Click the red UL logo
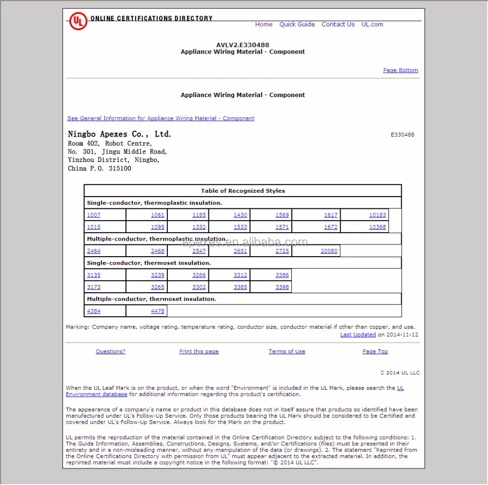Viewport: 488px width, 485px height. point(78,21)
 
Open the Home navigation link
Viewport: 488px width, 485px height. point(264,24)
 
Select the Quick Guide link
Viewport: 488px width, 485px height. point(297,24)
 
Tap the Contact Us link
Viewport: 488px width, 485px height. point(338,24)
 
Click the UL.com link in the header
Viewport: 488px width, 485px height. point(372,24)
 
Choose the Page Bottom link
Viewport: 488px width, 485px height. point(401,70)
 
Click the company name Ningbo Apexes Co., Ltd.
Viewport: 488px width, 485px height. point(120,134)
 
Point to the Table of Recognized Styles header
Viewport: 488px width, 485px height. point(243,191)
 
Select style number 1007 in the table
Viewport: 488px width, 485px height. point(94,215)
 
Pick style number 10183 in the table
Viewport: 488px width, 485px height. point(377,215)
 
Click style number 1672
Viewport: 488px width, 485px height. point(330,227)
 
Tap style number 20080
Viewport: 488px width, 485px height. point(329,251)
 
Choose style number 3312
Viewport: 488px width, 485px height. point(240,275)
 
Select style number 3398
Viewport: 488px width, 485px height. point(282,287)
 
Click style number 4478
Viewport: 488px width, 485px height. point(158,311)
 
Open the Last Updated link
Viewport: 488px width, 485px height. point(358,335)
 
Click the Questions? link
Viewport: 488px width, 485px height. point(110,351)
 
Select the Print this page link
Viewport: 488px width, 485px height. point(199,351)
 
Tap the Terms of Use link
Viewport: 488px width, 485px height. point(286,351)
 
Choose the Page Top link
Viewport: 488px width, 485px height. point(375,351)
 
